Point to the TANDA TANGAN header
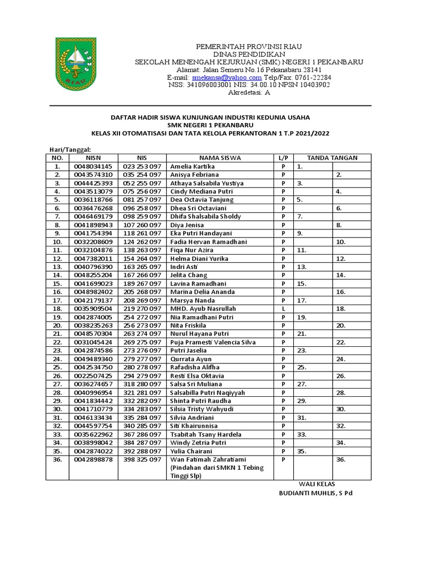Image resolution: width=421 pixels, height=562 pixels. tap(332, 158)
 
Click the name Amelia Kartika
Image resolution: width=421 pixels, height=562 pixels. tap(192, 166)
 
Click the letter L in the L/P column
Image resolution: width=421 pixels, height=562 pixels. tap(284, 308)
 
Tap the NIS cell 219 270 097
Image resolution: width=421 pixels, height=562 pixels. tap(142, 308)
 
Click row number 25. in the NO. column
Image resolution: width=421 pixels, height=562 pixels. tap(57, 367)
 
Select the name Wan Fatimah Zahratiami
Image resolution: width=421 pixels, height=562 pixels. tap(208, 459)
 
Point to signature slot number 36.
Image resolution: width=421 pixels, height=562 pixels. tap(340, 459)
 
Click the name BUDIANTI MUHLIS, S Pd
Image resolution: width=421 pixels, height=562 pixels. tap(316, 493)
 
